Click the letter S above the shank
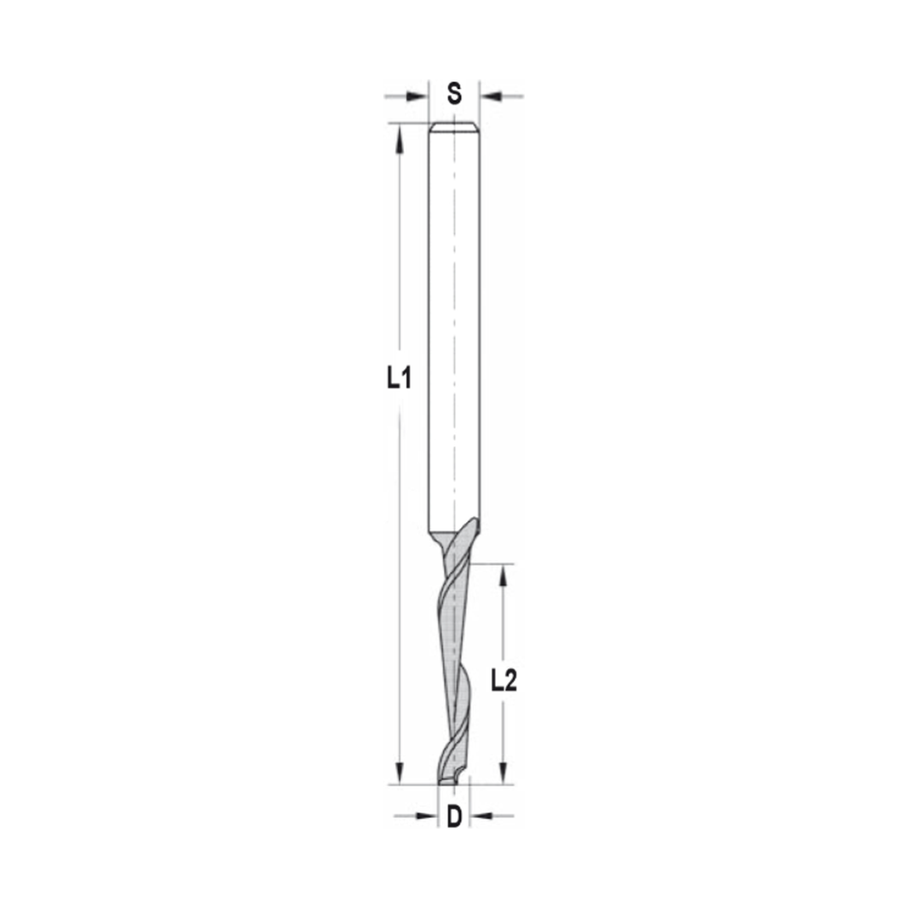click(x=454, y=94)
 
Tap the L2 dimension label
click(x=503, y=681)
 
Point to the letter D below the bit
click(x=454, y=816)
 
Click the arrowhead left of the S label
click(x=419, y=94)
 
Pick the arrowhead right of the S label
click(x=489, y=94)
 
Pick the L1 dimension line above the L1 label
click(x=399, y=254)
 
